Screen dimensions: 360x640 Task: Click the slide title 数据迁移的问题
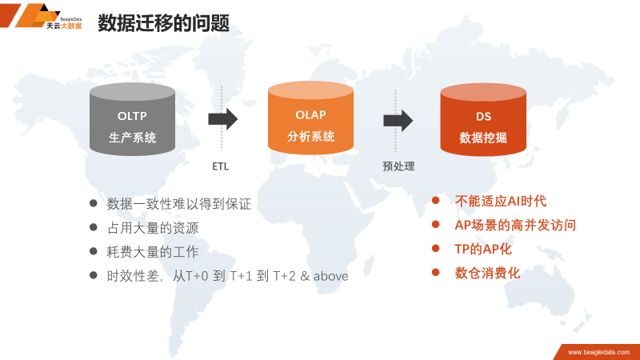coord(163,23)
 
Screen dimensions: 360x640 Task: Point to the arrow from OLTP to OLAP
coord(223,119)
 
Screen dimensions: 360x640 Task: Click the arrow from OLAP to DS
coord(398,120)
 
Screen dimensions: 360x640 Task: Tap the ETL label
coord(221,167)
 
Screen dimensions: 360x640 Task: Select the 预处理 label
coord(398,166)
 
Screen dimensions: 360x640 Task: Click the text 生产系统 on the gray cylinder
coord(132,138)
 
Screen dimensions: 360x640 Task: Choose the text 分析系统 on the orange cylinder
coord(310,136)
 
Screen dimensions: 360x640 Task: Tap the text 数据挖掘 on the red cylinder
coord(483,138)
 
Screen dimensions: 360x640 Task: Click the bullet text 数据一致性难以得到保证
coord(179,204)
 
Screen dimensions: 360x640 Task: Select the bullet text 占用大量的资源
coord(153,228)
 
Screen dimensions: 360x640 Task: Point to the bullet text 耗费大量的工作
coord(153,252)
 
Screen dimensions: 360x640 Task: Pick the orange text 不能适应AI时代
coord(500,201)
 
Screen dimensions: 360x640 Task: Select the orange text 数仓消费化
coord(487,273)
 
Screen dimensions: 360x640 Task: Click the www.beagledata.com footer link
coord(596,352)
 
